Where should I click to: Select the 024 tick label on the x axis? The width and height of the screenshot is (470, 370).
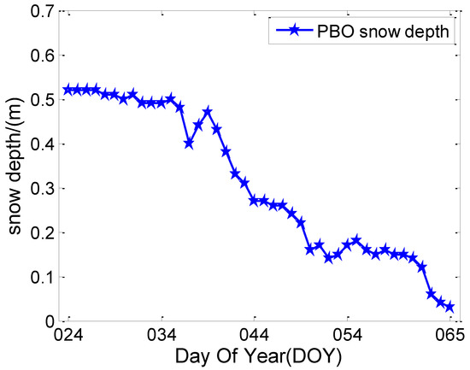(68, 333)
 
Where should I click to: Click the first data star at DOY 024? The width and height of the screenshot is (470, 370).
(68, 90)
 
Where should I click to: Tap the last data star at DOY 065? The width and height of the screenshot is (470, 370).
(449, 307)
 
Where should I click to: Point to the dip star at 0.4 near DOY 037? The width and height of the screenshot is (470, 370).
(189, 144)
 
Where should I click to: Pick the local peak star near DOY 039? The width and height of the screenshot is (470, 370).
(208, 112)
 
